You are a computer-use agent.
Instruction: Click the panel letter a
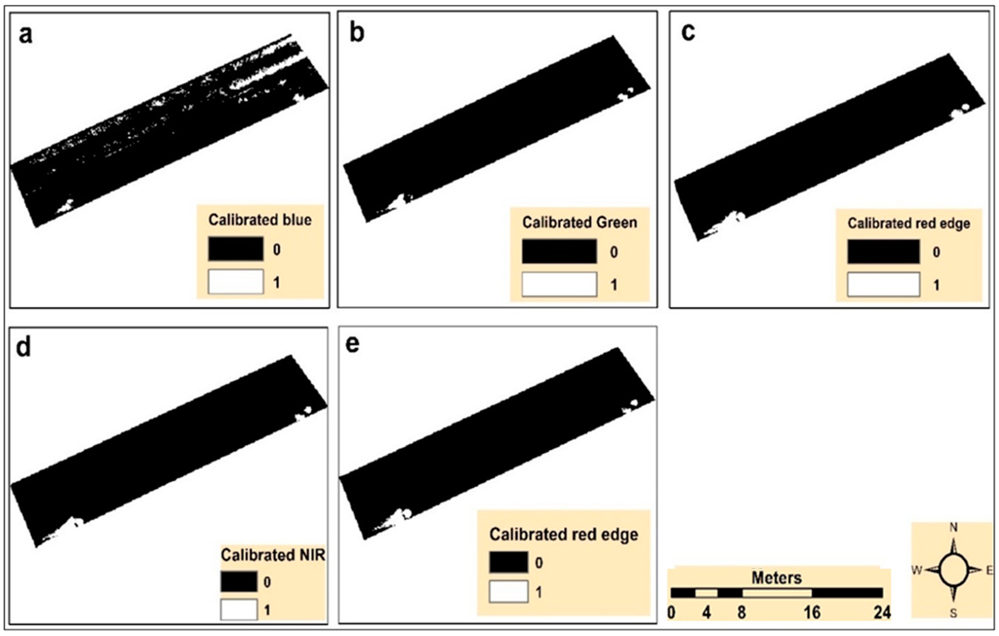[25, 35]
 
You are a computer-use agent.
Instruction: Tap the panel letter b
[357, 33]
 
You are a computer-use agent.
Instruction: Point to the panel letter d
[23, 347]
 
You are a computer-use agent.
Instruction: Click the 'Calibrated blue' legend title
[260, 220]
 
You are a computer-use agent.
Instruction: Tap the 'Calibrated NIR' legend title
[272, 555]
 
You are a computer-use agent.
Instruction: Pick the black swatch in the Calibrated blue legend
[236, 249]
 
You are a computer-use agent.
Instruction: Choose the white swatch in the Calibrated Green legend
[559, 285]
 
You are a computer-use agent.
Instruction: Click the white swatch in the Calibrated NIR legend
[239, 609]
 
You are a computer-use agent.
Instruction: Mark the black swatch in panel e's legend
[508, 563]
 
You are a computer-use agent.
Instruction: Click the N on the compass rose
[953, 528]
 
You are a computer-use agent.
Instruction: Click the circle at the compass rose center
[953, 570]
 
